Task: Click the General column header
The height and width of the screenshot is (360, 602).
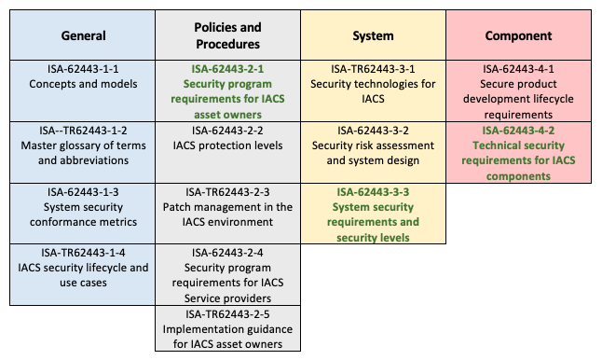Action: (x=83, y=35)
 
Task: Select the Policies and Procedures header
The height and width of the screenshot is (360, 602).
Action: (x=227, y=35)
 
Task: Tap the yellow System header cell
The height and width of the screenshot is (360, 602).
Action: (x=373, y=35)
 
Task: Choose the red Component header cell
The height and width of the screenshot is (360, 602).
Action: (x=519, y=35)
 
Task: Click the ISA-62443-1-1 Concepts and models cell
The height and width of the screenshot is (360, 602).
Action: (x=83, y=76)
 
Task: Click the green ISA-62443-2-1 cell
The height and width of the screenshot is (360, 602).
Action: (x=227, y=90)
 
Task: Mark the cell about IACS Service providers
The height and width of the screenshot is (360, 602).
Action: (x=227, y=275)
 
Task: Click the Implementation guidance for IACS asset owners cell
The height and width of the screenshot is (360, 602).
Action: (x=227, y=328)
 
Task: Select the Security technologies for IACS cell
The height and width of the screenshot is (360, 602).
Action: (x=373, y=83)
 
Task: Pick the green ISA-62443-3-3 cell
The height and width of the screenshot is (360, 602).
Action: (x=373, y=214)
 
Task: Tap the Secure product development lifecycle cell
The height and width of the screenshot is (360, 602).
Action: (x=519, y=90)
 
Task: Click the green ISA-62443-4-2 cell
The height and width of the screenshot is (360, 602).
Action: (x=519, y=152)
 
